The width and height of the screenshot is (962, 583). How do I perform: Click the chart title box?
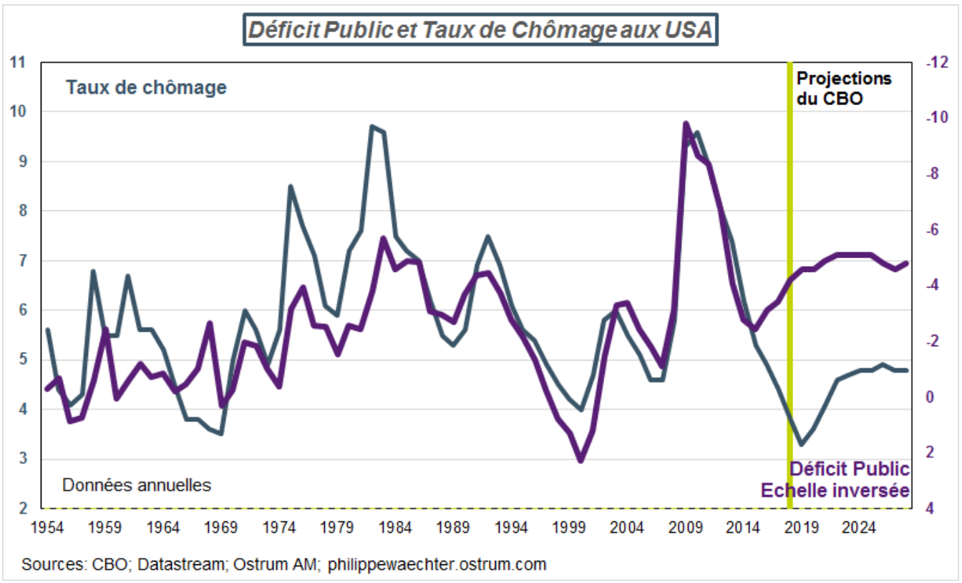pyautogui.click(x=481, y=31)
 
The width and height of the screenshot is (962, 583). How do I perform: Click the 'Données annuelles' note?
pyautogui.click(x=137, y=485)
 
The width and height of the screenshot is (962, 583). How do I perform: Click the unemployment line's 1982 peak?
pyautogui.click(x=372, y=127)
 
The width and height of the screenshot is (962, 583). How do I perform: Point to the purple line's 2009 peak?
pyautogui.click(x=686, y=123)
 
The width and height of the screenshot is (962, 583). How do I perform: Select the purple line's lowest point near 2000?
pyautogui.click(x=581, y=461)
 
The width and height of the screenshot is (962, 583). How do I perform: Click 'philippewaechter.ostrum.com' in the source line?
pyautogui.click(x=437, y=564)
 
